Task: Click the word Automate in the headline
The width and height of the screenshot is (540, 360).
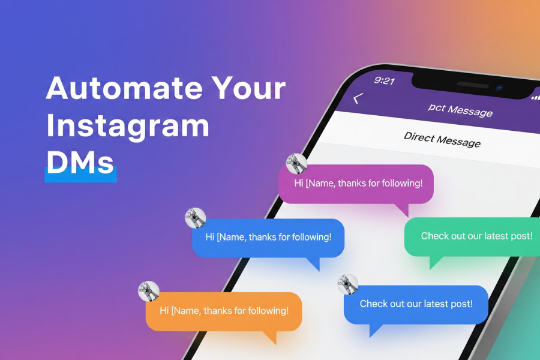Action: pos(124,88)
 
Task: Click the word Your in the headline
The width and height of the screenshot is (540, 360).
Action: pos(248,88)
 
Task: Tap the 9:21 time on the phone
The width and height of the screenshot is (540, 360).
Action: pos(385,80)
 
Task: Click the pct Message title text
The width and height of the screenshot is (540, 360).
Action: pos(460,110)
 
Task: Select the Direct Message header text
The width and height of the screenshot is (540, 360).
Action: pos(442,140)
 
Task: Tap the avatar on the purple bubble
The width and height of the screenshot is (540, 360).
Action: pos(296,164)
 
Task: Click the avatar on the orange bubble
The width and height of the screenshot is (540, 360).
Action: pos(148,291)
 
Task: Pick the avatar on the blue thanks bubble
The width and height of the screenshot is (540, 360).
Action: pos(196,218)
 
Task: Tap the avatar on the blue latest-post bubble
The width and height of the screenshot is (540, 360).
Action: pos(348,284)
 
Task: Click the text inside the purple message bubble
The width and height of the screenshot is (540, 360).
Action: pos(359,183)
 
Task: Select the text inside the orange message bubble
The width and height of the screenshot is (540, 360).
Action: pos(224,311)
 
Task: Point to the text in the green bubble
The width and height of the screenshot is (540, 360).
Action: pos(476,236)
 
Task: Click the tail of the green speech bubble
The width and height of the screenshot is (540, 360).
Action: pos(434,262)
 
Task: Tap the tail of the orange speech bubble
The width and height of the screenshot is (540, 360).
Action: pos(271,337)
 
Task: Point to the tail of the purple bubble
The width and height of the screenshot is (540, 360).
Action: pos(404,209)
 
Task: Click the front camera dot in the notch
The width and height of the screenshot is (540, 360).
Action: pos(499,88)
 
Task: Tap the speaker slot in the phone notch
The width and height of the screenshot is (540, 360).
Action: pos(473,85)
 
